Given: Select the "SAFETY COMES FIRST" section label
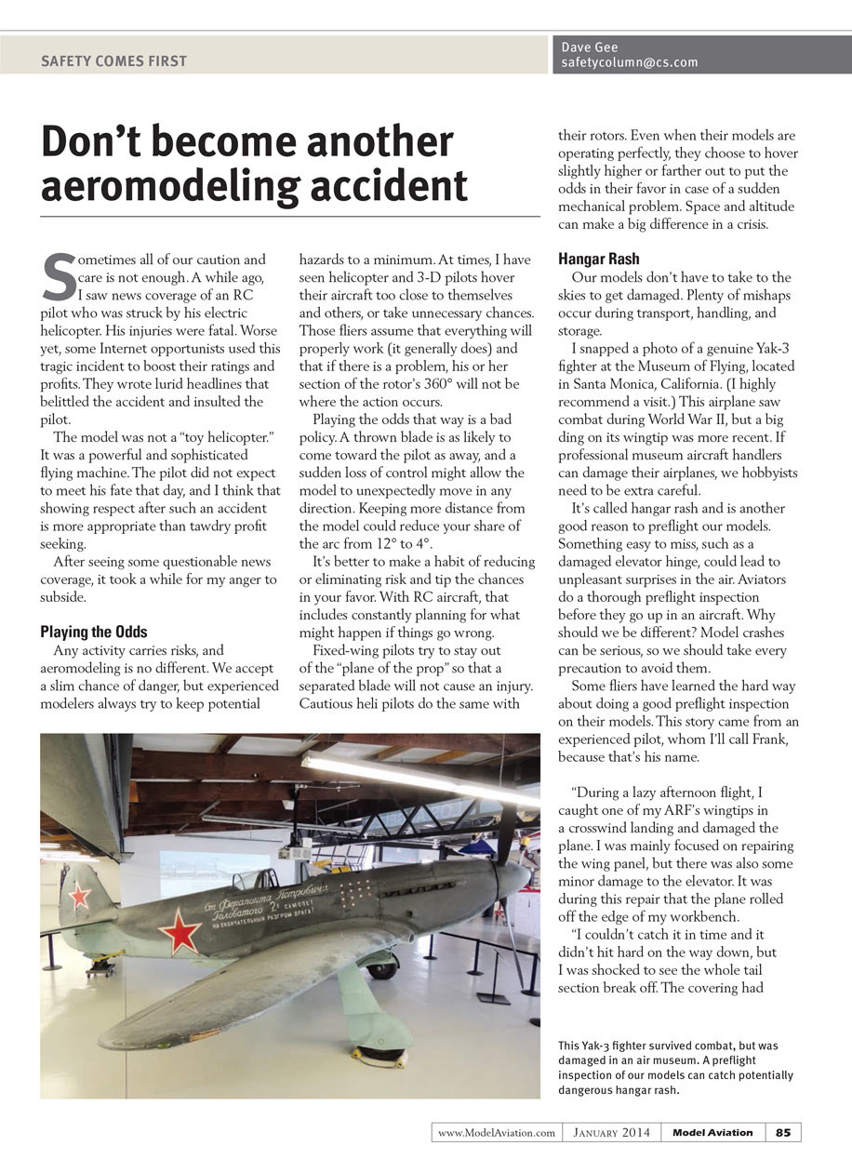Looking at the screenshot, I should (x=113, y=61).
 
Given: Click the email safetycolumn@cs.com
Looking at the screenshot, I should (x=630, y=63).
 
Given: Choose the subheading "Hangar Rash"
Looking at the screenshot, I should (x=599, y=259).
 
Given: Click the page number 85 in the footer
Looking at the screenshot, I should (x=783, y=1132).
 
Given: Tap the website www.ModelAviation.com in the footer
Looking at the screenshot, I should (x=497, y=1132).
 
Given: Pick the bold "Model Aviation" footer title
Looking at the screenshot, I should (x=712, y=1132).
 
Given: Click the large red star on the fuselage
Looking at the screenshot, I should (x=179, y=932).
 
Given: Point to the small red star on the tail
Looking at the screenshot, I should (x=81, y=895).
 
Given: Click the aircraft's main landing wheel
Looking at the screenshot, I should (x=381, y=966).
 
